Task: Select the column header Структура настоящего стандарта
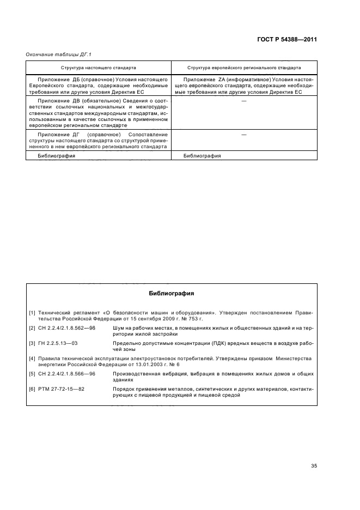point(99,68)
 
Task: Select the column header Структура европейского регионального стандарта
point(243,68)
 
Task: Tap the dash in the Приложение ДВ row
point(243,101)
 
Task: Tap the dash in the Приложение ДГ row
point(243,134)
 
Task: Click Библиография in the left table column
point(57,155)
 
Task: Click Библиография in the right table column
point(202,155)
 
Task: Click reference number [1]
point(32,312)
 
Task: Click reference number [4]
point(32,358)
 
